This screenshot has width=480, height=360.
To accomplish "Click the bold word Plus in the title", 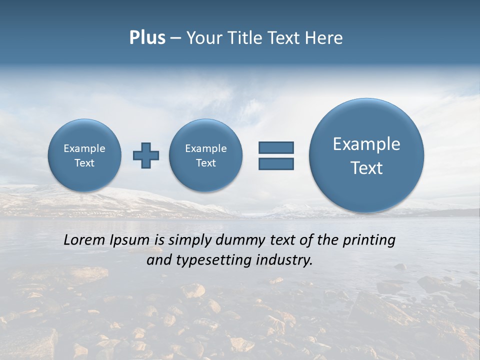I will click(147, 38).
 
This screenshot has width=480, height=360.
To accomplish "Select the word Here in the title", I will click(324, 38).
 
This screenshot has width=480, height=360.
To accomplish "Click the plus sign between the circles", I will click(146, 155).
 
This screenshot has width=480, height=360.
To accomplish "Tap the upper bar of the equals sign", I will click(276, 147).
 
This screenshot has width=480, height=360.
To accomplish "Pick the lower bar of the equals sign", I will click(276, 163).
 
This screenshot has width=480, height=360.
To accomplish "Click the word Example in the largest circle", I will click(366, 144).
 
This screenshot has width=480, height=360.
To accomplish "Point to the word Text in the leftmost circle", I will click(84, 163).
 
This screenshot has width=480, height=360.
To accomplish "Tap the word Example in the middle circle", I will click(206, 148).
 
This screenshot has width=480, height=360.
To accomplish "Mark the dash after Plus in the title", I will click(175, 38).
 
